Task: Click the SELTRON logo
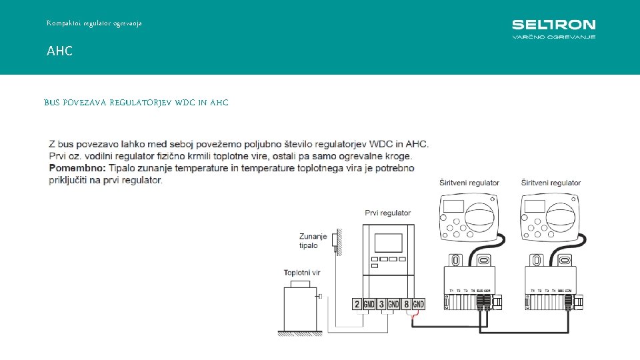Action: click(553, 29)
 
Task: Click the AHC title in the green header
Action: click(59, 51)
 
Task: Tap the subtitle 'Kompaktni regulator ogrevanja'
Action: click(94, 23)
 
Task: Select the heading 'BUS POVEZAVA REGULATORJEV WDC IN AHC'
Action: click(136, 103)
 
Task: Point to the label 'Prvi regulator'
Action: click(388, 213)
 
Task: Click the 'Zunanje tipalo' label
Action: click(313, 241)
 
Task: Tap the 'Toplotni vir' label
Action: click(302, 273)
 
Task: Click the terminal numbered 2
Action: click(357, 305)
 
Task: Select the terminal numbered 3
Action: click(381, 305)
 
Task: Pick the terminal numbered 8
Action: click(406, 305)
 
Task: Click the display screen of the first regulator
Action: click(388, 242)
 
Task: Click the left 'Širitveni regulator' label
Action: click(469, 183)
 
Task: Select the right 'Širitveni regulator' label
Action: click(551, 183)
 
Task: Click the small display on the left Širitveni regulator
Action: click(453, 207)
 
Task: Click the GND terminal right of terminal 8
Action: click(418, 305)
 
